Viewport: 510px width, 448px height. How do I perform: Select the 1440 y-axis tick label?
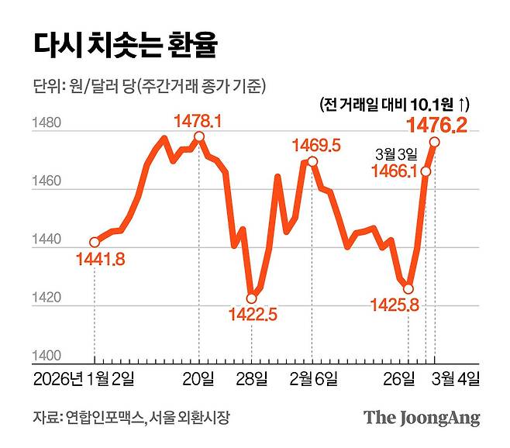(47, 240)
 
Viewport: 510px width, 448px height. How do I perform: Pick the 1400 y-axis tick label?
(47, 356)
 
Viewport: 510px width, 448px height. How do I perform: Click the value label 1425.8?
(394, 305)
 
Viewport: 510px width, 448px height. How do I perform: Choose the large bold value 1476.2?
(438, 124)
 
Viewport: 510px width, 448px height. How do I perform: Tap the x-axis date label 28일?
(253, 378)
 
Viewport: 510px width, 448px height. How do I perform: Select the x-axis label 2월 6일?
(313, 378)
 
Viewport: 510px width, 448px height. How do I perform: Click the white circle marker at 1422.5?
(251, 298)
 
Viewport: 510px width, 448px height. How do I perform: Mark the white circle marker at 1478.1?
(199, 136)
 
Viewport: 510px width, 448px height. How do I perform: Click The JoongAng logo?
(422, 418)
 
